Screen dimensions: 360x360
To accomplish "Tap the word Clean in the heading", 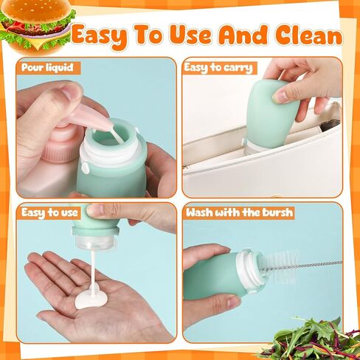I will (308, 35).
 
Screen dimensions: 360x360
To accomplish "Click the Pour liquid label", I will (49, 68).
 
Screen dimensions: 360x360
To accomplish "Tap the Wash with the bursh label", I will (240, 212).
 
